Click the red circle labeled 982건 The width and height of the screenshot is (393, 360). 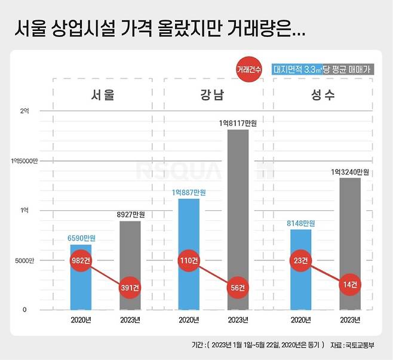tap(81, 261)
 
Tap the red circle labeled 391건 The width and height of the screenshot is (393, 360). tap(130, 287)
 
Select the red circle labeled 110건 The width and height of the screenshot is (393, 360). tap(189, 261)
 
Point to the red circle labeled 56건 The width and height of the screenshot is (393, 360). tap(238, 287)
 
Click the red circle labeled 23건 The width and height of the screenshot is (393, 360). tap(301, 261)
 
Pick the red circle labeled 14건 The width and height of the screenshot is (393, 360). tap(350, 287)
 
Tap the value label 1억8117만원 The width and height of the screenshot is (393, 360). tap(237, 123)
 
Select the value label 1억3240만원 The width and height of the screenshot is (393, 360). tap(350, 172)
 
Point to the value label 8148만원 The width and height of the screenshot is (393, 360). tap(301, 223)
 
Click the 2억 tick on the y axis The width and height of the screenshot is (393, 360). tap(24, 112)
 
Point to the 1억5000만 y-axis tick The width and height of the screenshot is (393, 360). tap(23, 161)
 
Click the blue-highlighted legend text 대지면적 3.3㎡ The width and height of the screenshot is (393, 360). tap(297, 69)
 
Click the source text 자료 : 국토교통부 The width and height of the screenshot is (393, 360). tap(354, 345)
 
